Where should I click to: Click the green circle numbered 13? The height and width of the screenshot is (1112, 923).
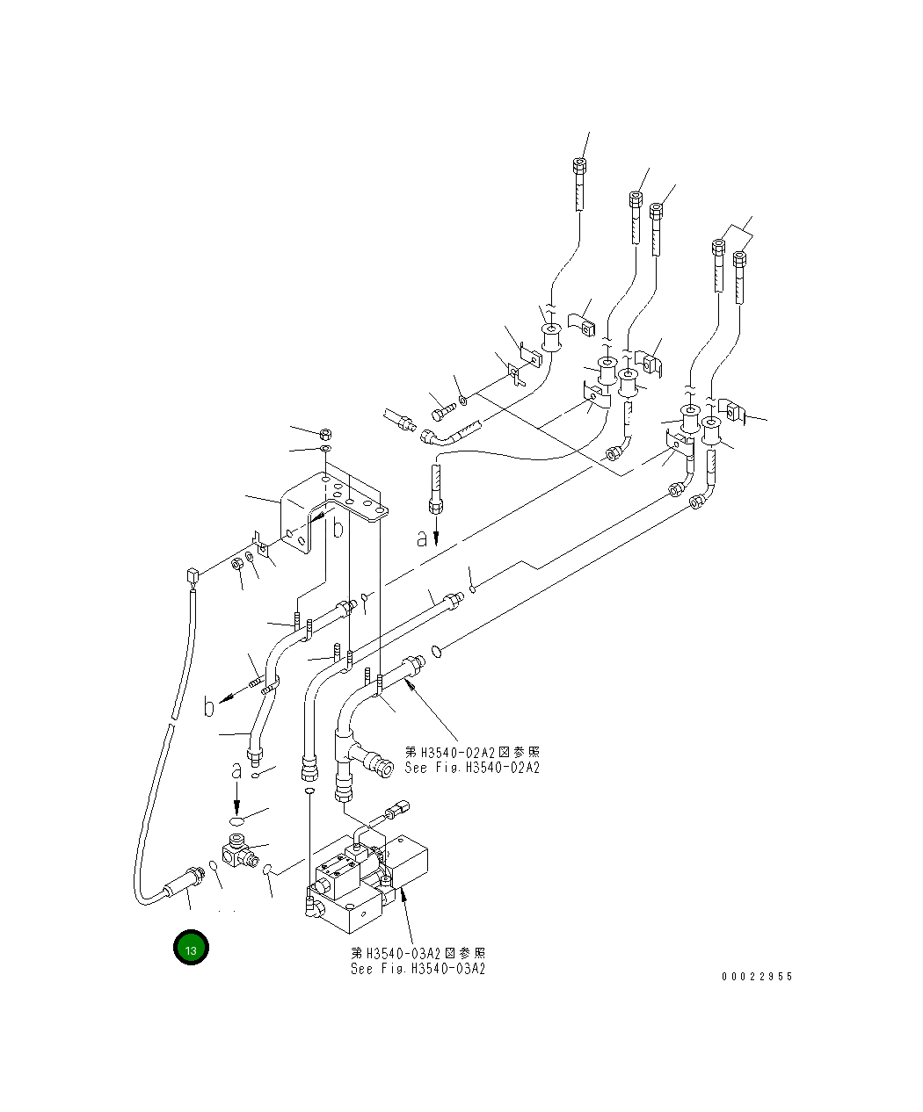pos(192,948)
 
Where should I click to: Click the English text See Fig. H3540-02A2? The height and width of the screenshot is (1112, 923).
pos(472,768)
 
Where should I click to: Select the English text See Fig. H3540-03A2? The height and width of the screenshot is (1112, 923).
pos(418,969)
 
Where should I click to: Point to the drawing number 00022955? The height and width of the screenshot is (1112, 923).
pos(757,977)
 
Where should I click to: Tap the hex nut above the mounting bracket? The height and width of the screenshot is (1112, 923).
pos(324,434)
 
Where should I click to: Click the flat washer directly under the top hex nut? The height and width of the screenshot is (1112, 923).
pos(324,450)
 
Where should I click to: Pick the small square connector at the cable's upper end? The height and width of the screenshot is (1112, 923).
pos(191,576)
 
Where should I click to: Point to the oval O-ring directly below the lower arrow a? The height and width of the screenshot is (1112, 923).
pos(237,818)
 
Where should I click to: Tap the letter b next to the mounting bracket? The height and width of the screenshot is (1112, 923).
pos(337,528)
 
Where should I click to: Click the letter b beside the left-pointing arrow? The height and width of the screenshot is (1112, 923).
pos(209,707)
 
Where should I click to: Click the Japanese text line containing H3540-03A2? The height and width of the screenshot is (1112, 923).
pos(418,953)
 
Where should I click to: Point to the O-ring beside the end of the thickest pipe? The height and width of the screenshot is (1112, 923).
pos(435,652)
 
